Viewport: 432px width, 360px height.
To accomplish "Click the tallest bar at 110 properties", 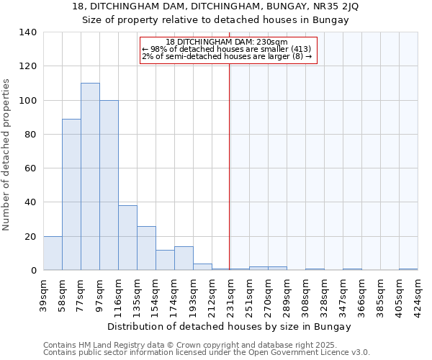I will pos(90,176).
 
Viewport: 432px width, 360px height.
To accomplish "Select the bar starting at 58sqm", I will pos(71,194).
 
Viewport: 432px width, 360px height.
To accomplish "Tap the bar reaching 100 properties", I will pos(109,185).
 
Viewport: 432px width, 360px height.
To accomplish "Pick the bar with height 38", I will pos(127,238).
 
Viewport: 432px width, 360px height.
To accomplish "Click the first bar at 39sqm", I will pos(53,253).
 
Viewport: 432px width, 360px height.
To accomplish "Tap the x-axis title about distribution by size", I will pos(230,326).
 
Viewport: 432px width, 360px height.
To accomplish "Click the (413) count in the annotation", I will pos(297,50).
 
